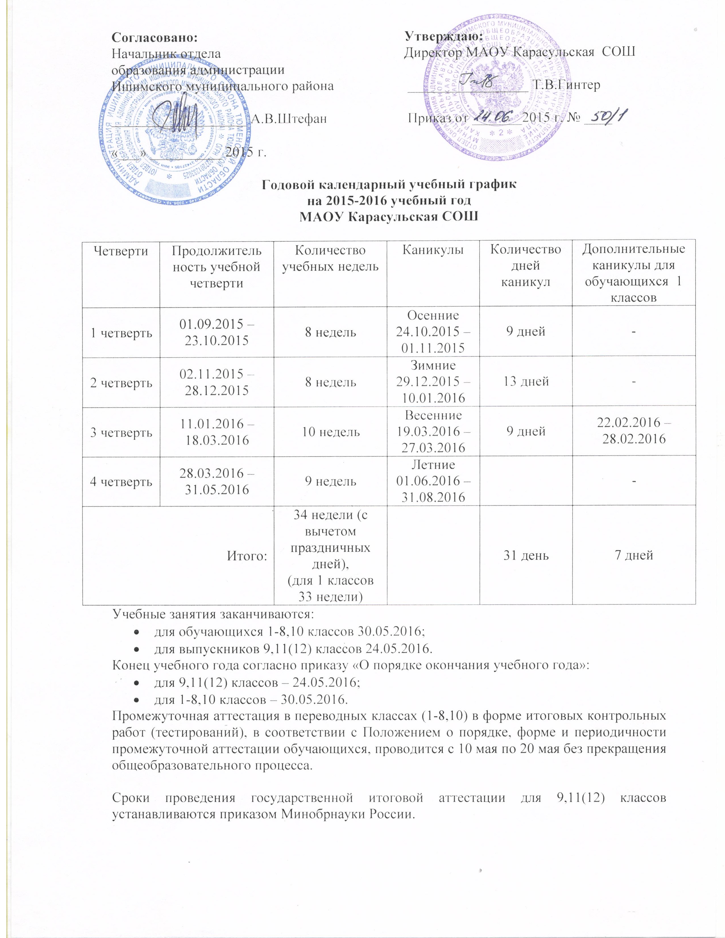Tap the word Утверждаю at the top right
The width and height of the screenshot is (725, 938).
click(444, 37)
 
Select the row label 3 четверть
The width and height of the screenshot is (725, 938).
click(121, 432)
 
